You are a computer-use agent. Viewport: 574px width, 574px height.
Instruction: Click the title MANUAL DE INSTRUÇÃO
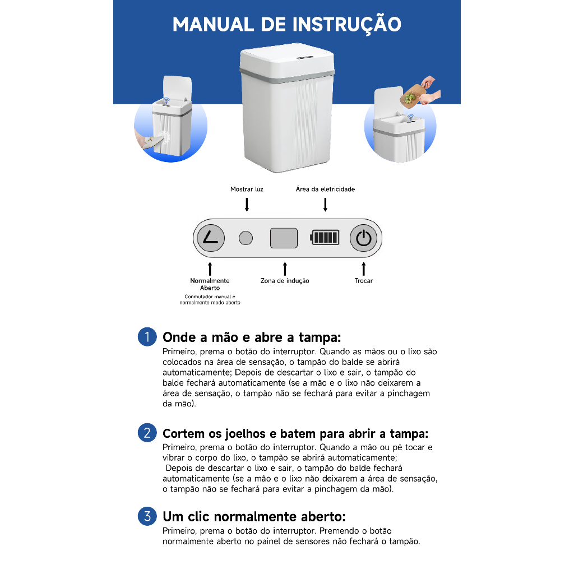(286, 25)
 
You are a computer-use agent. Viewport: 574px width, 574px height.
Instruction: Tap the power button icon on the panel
(363, 238)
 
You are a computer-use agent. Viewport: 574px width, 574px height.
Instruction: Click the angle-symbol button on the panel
(211, 238)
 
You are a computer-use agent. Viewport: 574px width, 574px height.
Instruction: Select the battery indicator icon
(325, 237)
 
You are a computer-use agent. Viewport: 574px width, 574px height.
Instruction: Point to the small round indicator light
(246, 238)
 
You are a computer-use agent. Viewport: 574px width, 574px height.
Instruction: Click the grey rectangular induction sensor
(284, 238)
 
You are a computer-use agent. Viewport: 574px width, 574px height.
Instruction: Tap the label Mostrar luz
(247, 189)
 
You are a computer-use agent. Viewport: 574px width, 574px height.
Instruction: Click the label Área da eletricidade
(325, 189)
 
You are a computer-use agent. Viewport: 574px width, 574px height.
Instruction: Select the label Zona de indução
(285, 281)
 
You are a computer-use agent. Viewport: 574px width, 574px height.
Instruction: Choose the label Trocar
(363, 281)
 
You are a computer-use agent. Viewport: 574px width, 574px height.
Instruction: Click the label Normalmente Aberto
(210, 284)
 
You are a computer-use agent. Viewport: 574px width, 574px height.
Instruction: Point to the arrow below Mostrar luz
(247, 205)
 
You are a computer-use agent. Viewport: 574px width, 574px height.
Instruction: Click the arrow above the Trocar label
(363, 269)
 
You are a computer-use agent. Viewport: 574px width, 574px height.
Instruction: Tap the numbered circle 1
(147, 337)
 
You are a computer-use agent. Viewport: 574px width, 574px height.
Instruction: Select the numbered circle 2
(147, 433)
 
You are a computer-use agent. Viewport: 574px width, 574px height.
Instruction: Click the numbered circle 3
(147, 516)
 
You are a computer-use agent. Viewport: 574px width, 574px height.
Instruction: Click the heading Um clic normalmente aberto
(254, 516)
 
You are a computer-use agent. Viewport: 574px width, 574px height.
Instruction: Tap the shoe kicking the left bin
(152, 142)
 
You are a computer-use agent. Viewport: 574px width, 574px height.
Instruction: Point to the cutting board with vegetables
(413, 96)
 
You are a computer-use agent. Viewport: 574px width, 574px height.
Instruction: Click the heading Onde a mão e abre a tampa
(252, 337)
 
